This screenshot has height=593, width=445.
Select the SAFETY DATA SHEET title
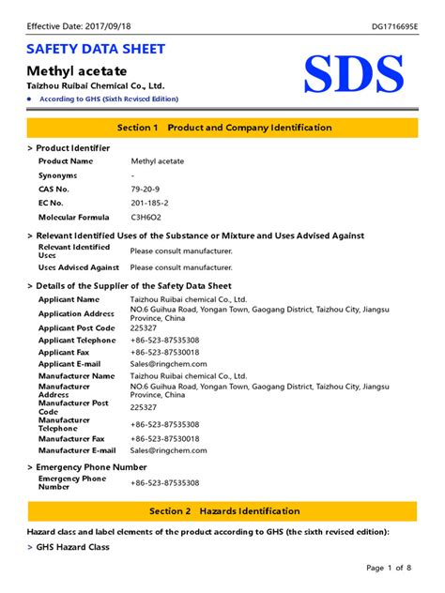click(96, 49)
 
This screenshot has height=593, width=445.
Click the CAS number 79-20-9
click(144, 190)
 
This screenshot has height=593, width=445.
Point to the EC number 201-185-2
click(149, 203)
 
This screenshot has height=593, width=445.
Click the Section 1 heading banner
click(222, 127)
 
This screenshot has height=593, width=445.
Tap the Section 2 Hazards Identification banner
click(222, 511)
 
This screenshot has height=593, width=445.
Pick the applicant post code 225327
click(144, 328)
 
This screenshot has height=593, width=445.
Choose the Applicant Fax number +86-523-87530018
click(164, 352)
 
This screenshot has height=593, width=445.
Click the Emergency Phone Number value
click(164, 483)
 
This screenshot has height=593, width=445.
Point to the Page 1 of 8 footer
click(388, 568)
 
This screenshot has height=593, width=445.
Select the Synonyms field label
click(57, 175)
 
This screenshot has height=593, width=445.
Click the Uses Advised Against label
click(79, 267)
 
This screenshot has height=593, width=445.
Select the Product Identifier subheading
click(72, 148)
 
